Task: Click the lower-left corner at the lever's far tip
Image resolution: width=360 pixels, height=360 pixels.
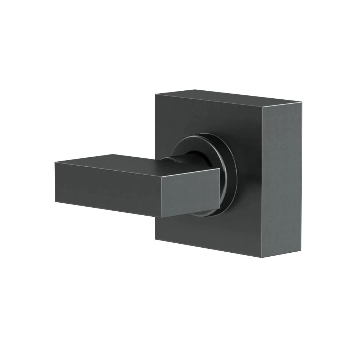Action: point(55,201)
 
